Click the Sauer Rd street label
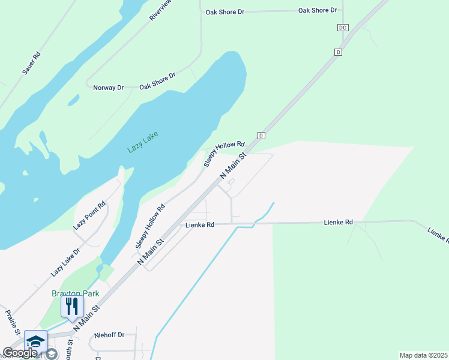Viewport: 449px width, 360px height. click(31, 64)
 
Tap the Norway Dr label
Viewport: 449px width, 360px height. click(108, 88)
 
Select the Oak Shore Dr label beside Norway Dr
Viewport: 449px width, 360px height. click(157, 82)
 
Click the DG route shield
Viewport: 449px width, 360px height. click(343, 28)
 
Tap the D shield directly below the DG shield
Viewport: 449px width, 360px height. click(338, 52)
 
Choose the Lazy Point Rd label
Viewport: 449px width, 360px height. click(89, 215)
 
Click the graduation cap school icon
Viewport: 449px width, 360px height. click(35, 342)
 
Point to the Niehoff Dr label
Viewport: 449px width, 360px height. click(109, 335)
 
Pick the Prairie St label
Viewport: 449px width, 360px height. click(13, 322)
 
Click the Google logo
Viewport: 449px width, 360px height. click(20, 353)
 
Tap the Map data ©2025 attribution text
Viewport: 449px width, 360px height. click(424, 355)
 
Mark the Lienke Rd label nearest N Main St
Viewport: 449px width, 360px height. click(200, 225)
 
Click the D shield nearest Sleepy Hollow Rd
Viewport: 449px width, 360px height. click(261, 135)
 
